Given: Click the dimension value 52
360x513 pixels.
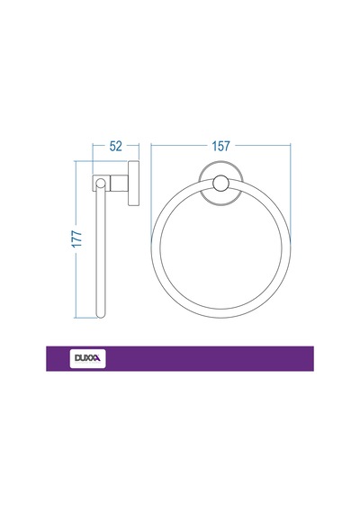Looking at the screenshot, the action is [115, 146].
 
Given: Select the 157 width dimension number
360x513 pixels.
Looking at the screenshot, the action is [220, 146].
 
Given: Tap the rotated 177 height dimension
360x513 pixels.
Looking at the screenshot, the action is [76, 238].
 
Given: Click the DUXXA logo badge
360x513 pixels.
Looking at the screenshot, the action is [87, 358].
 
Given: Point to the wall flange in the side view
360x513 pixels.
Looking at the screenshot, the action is [133, 184].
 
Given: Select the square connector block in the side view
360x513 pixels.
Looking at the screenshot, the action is [120, 184].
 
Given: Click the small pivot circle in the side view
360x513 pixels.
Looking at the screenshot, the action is [101, 184].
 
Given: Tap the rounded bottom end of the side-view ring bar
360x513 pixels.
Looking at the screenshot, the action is [101, 315].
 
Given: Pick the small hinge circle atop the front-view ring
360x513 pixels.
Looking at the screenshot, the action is [220, 184].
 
